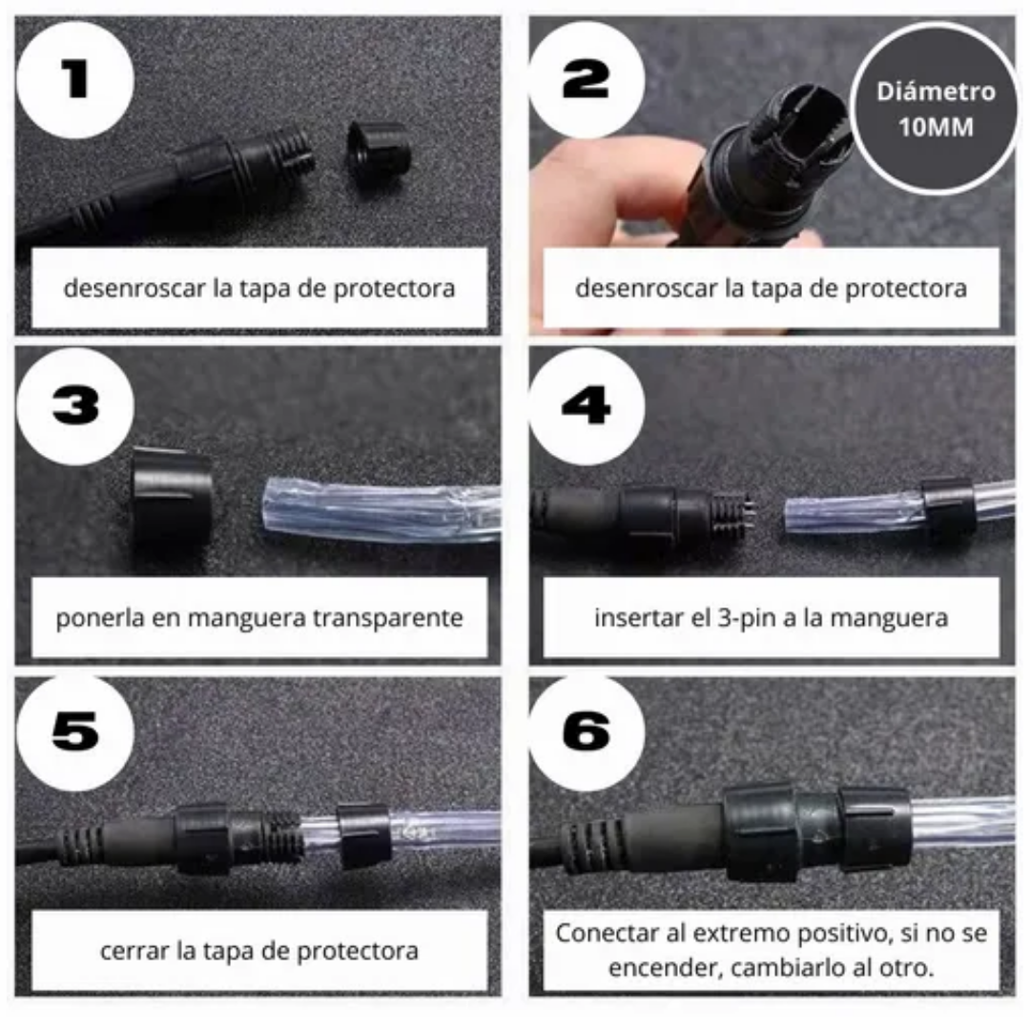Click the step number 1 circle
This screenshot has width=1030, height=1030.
(x=75, y=79)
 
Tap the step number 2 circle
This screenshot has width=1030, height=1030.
(x=587, y=79)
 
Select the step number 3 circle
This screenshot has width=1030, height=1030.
(x=75, y=406)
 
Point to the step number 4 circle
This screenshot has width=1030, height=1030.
(x=587, y=406)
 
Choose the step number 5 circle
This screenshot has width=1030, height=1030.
(x=75, y=733)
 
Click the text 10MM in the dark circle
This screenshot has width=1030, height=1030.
(x=937, y=127)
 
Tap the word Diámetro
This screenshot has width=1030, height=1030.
(x=937, y=92)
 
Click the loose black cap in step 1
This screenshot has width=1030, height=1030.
(x=379, y=153)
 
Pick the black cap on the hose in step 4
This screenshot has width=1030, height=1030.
(x=947, y=507)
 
